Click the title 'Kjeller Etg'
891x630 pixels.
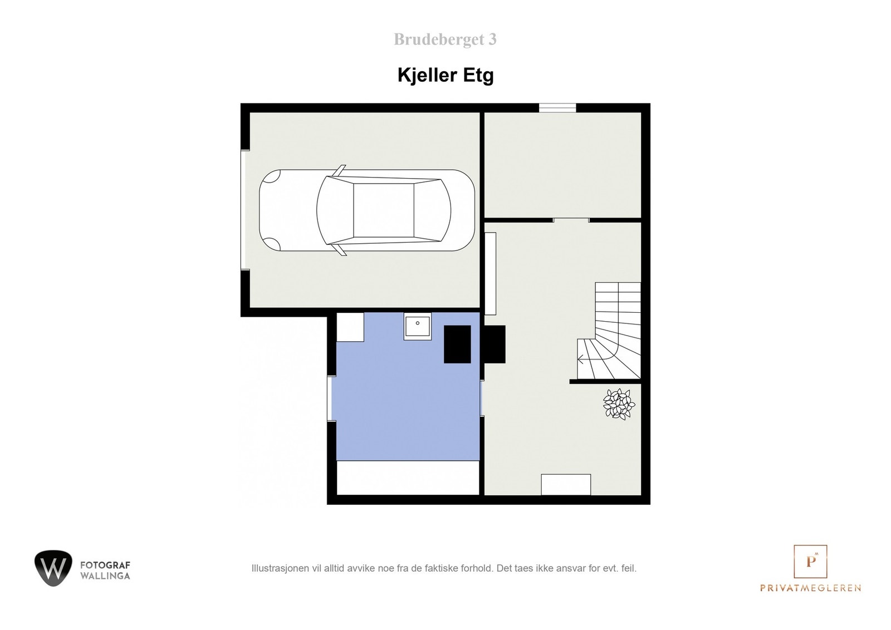coord(445,75)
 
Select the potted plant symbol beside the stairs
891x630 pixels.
coord(619,403)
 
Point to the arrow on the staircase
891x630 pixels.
coord(581,359)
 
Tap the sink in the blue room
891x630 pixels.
coord(417,326)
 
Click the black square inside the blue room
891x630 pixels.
coord(457,344)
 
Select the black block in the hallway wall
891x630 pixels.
coord(495,344)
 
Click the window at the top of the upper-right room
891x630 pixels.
coord(557,108)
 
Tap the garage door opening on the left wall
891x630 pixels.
coord(245,210)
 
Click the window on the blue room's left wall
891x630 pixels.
coord(331,398)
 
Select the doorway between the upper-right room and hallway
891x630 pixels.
coord(571,220)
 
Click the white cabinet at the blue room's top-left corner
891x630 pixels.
coord(350,327)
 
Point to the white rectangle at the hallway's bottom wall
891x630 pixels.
coord(566,484)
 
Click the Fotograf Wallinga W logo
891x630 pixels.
coord(53,568)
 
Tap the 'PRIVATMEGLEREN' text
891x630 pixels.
coord(810,588)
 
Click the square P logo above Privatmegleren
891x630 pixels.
coord(810,561)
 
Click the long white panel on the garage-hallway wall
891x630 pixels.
coord(490,273)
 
